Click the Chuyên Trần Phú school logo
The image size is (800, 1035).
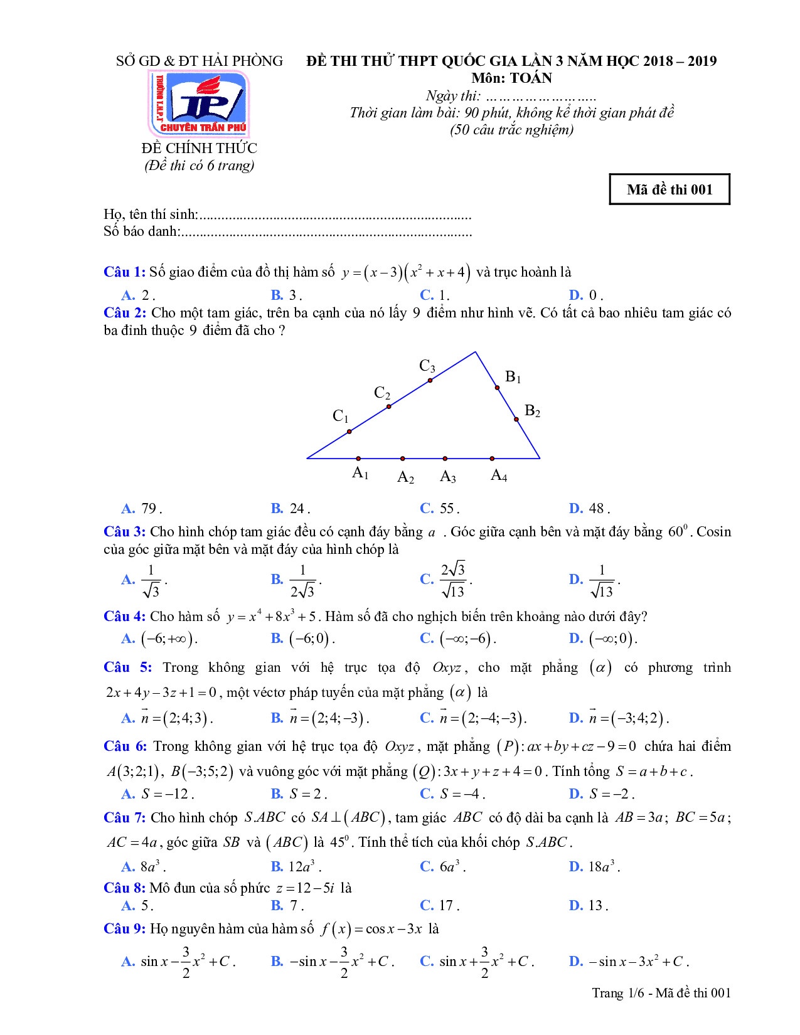point(198,103)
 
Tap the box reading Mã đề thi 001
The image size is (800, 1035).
point(669,189)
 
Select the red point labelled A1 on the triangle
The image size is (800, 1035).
point(358,459)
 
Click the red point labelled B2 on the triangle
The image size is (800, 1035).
point(516,419)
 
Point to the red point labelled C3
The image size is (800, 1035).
point(430,380)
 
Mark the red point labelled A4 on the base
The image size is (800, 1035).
point(492,459)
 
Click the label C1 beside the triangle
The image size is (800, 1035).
point(341,416)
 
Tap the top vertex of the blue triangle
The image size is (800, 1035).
point(475,353)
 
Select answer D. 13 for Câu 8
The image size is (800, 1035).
point(589,905)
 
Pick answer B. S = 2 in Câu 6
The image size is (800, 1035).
point(299,794)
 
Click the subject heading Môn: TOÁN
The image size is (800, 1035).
point(512,78)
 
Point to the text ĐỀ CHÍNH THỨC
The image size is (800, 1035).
point(199,149)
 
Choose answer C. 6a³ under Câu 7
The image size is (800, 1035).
point(443,867)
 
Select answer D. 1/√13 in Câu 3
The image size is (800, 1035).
point(594,580)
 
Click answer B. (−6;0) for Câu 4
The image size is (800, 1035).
point(303,639)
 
